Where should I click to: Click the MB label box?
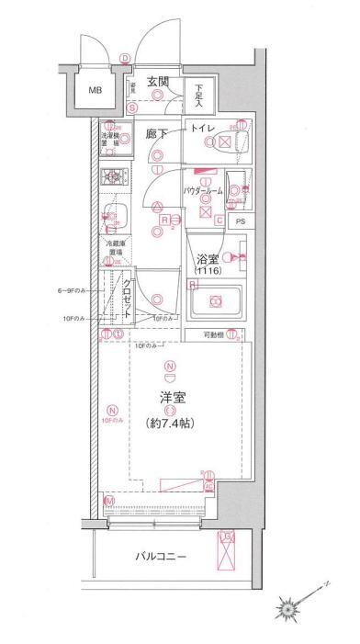pyautogui.click(x=96, y=91)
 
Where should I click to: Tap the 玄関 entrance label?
pyautogui.click(x=160, y=80)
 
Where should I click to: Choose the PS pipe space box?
pyautogui.click(x=241, y=221)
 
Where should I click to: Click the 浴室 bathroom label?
pyautogui.click(x=205, y=260)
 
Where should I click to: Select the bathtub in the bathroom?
pyautogui.click(x=215, y=300)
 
